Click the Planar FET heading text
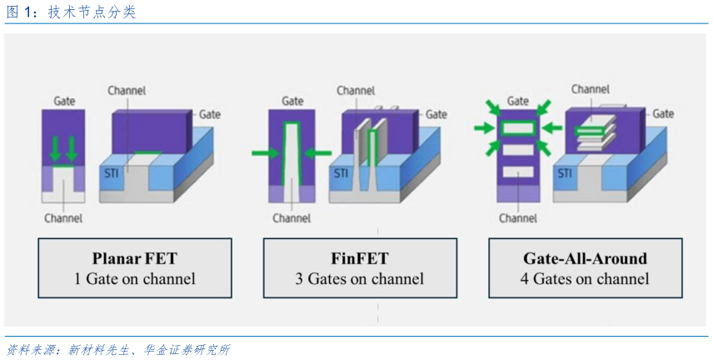point(135,257)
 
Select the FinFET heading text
point(360,257)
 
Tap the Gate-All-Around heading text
point(584,257)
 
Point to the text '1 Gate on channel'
point(135,279)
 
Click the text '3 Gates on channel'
point(360,279)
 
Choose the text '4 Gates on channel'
point(584,279)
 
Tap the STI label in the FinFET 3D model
point(342,173)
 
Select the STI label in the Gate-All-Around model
point(565,173)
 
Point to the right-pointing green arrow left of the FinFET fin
point(264,152)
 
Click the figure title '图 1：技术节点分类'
point(70,12)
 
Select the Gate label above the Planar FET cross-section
point(63,101)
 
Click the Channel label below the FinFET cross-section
point(292,218)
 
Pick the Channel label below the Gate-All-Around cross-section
point(518,218)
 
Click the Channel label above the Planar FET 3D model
point(127,90)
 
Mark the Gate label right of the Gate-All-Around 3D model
point(663,113)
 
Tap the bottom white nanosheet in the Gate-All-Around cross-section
point(518,173)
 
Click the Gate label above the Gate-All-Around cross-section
point(518,101)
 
